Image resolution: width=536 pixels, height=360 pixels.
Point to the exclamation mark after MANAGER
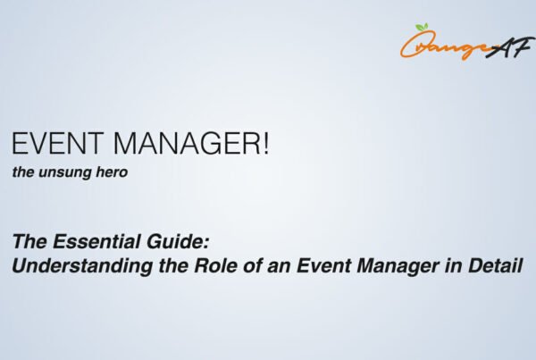tap(264, 146)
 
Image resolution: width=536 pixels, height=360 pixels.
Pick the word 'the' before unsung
tap(24, 173)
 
